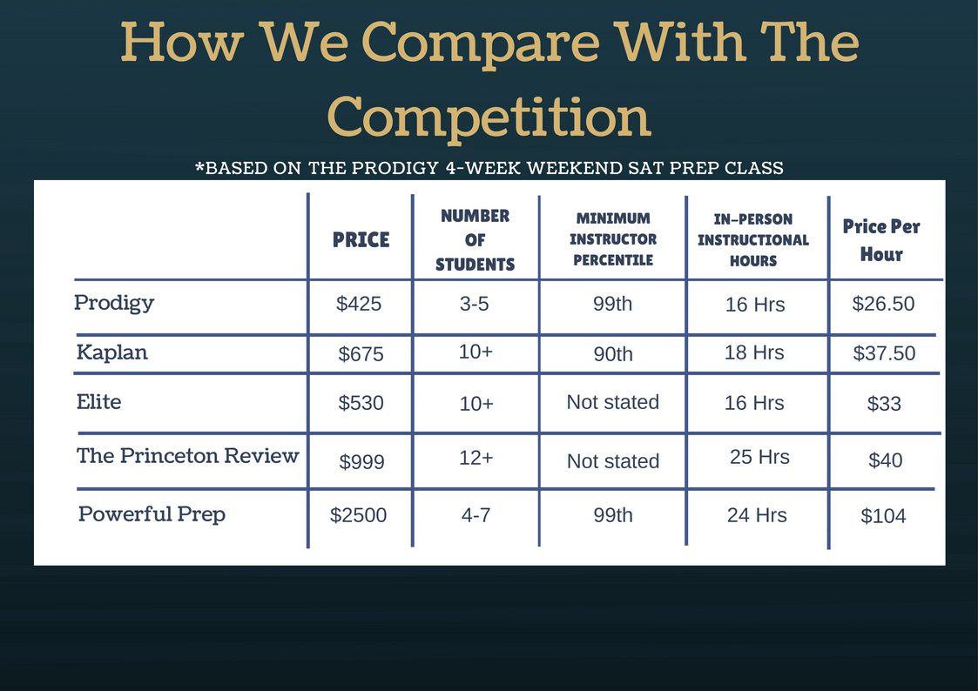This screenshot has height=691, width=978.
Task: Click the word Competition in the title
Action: (489, 117)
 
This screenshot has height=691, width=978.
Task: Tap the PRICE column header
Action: (361, 240)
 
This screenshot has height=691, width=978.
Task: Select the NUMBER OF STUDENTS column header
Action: (476, 240)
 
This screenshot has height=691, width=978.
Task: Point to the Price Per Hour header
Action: (881, 240)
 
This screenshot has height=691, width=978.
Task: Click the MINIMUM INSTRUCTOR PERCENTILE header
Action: (613, 239)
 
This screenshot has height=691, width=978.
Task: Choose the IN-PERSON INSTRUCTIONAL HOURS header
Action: (753, 240)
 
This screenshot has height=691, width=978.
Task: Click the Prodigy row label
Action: (114, 304)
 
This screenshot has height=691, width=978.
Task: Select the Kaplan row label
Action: (112, 352)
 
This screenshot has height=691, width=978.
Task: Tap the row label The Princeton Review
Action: (188, 455)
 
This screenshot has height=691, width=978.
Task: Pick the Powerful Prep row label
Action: (152, 514)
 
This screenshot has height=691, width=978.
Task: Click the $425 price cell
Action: (359, 304)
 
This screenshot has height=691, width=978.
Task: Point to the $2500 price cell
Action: (358, 515)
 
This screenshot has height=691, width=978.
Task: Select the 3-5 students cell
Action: (474, 304)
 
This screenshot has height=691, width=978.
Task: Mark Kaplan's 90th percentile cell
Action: (613, 354)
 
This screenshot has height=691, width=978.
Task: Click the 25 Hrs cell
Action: (759, 457)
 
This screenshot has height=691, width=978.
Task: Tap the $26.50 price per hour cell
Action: (883, 304)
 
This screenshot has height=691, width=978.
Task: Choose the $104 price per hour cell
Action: (883, 516)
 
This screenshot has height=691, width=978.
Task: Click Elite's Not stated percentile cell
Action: (612, 402)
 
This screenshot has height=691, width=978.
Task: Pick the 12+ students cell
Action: (476, 458)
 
